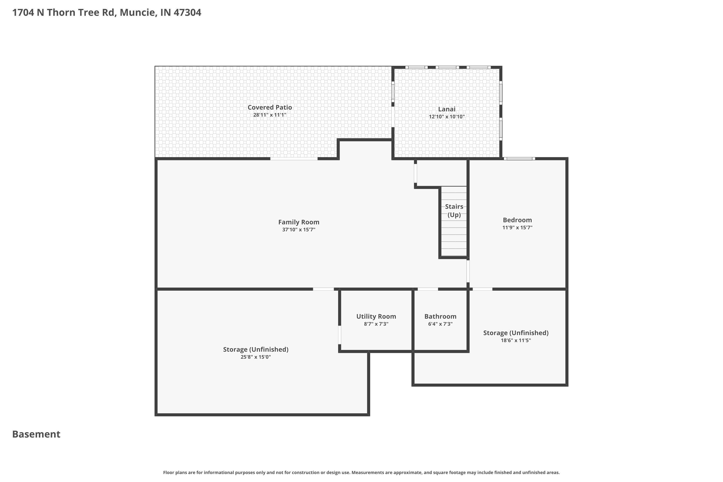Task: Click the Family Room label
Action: tap(299, 222)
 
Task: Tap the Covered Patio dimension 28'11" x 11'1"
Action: tap(270, 115)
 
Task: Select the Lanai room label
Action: tap(447, 109)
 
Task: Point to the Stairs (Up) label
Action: tap(454, 211)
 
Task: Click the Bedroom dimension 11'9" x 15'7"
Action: tap(517, 228)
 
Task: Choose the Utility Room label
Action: tap(376, 316)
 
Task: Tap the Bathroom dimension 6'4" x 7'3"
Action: tap(440, 324)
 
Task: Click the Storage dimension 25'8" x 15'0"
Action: tap(255, 357)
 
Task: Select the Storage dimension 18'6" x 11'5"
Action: tap(516, 340)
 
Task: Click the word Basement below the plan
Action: tap(36, 434)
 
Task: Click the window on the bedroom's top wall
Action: tap(519, 159)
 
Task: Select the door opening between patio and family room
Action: tap(294, 159)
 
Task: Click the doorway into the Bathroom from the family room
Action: tap(428, 289)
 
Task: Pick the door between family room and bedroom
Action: tap(468, 271)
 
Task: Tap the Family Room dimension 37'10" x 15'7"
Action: tap(299, 230)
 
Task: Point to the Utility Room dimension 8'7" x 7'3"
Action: tap(376, 324)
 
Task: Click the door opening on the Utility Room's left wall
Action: tap(340, 335)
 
